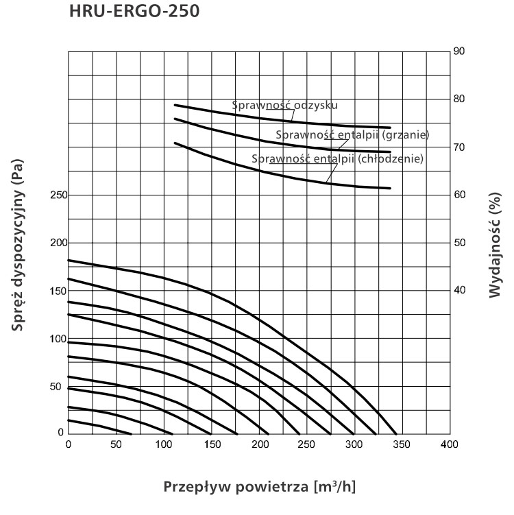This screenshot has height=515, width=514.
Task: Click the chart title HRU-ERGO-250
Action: point(134,10)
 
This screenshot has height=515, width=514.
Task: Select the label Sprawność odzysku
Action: point(284,105)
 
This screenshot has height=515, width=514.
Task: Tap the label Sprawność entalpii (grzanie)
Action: point(352,134)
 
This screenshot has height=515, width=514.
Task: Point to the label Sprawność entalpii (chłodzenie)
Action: point(337,158)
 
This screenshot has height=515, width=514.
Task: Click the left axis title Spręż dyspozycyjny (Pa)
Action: point(17,245)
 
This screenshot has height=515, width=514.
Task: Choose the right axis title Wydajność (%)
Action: point(495,245)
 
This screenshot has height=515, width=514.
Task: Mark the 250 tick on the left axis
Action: point(58,195)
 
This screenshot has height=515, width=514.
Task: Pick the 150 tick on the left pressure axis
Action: point(58,291)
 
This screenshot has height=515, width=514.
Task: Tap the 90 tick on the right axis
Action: point(459,51)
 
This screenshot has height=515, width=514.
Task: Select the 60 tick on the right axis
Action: point(459,195)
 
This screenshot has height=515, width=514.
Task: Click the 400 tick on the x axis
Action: point(450,444)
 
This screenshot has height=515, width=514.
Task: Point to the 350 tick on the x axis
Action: point(402,444)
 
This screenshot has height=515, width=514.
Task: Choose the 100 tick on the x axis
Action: point(164,444)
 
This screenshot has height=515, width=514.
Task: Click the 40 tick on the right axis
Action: point(459,290)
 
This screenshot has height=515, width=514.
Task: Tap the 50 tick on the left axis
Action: point(56,387)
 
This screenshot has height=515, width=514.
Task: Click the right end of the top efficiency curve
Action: point(390,128)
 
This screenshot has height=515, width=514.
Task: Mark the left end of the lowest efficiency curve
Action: point(175,143)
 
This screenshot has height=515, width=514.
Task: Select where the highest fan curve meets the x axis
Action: point(396,434)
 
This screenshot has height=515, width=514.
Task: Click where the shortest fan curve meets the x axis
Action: point(132,434)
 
